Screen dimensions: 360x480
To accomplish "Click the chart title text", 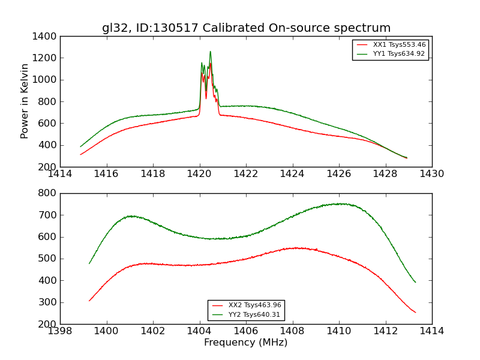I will pyautogui.click(x=246, y=28).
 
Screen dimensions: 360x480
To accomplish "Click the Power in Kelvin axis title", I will pyautogui.click(x=25, y=101).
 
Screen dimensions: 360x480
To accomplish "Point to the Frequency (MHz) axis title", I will pyautogui.click(x=246, y=343).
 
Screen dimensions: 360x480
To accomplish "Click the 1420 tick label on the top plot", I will pyautogui.click(x=199, y=173).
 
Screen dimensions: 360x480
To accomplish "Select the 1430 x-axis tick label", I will pyautogui.click(x=431, y=173).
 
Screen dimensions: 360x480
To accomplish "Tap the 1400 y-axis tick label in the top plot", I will pyautogui.click(x=45, y=36).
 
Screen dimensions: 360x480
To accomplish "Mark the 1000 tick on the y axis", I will pyautogui.click(x=45, y=80).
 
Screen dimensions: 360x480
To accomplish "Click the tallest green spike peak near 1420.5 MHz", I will pyautogui.click(x=210, y=52).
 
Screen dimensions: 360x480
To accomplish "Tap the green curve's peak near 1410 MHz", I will pyautogui.click(x=340, y=204).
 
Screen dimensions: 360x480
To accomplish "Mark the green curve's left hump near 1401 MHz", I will pyautogui.click(x=131, y=216).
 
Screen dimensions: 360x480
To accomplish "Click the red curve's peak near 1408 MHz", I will pyautogui.click(x=295, y=248).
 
